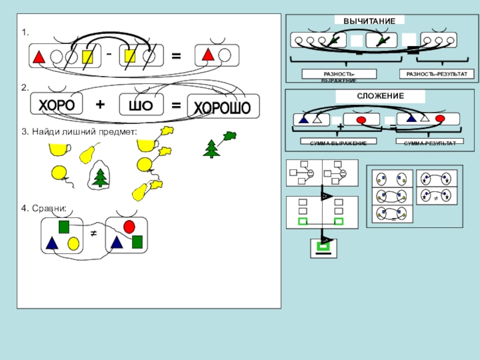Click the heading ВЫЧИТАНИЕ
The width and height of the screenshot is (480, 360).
pos(369,21)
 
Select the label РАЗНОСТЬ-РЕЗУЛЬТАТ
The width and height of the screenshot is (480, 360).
pos(436,74)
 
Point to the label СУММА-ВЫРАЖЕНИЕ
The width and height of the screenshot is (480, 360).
pos(338,142)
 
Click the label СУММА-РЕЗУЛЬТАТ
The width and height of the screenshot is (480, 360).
pos(429,142)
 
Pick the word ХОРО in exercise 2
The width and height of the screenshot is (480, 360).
pos(57,106)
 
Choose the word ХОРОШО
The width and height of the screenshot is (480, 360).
pos(222,108)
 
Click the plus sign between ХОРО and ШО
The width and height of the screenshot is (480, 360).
pos(100,104)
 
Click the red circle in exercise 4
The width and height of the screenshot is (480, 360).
pos(129,226)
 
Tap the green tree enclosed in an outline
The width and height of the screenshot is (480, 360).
pos(100,176)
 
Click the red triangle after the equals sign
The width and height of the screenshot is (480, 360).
pos(208,55)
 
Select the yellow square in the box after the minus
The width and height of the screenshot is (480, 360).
pos(129,56)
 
